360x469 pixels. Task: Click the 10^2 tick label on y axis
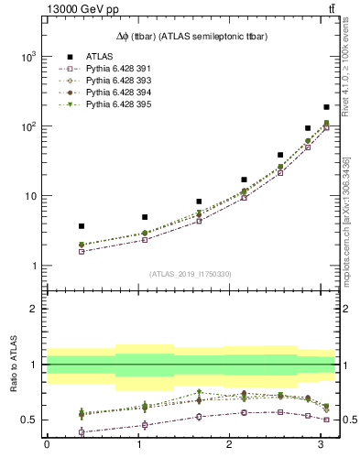coord(27,126)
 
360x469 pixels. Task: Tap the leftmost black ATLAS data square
coord(82,225)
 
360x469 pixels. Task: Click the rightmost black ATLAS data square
coord(326,107)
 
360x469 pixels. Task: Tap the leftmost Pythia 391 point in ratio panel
coord(82,431)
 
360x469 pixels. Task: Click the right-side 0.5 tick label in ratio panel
coord(349,420)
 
